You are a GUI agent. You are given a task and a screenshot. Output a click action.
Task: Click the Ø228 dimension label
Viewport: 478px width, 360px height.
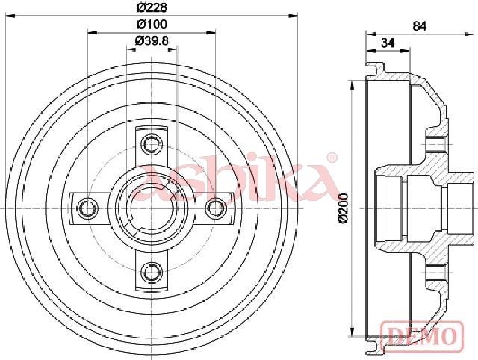[x=152, y=7]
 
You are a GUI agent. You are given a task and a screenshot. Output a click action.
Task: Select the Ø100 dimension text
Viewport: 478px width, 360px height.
[x=152, y=24]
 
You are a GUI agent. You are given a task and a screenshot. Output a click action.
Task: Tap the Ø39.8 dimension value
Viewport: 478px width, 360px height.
[x=152, y=40]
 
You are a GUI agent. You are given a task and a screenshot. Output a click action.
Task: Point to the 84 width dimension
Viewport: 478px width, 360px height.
[x=420, y=26]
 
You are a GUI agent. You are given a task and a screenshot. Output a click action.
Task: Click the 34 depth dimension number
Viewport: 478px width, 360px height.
[x=388, y=43]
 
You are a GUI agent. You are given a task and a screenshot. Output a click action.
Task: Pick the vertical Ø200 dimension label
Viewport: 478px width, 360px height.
[x=344, y=208]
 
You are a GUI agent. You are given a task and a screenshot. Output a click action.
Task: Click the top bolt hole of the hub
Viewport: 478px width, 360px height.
[x=152, y=143]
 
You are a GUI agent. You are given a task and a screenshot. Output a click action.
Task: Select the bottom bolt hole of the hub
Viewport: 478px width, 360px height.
[x=152, y=272]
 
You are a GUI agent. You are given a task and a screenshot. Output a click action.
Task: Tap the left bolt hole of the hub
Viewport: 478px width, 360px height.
[x=87, y=208]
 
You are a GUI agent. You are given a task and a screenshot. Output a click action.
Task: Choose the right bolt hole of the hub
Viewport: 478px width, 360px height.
[x=216, y=208]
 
